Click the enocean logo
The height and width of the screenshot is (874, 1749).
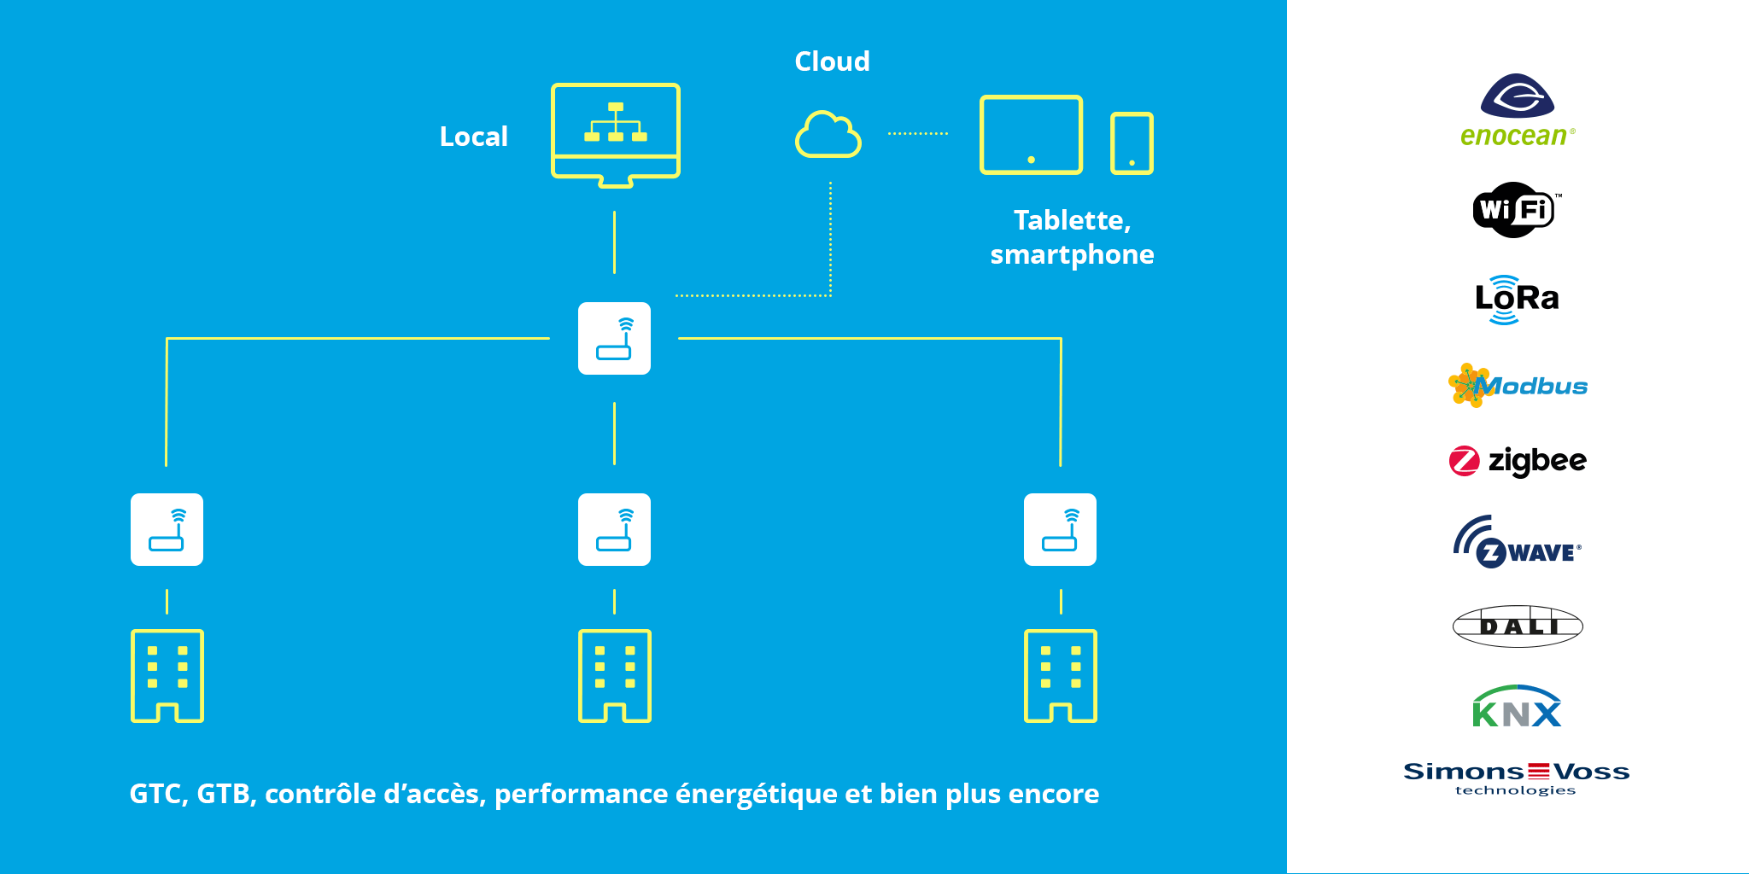click(x=1517, y=110)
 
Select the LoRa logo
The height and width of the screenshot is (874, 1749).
click(x=1517, y=299)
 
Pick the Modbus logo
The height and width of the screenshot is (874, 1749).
click(x=1518, y=386)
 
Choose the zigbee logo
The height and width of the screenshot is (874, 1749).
click(x=1518, y=461)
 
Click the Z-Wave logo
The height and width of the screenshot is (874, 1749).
click(x=1518, y=543)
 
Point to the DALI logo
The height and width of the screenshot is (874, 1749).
click(x=1518, y=626)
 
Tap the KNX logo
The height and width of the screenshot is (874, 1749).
click(x=1517, y=707)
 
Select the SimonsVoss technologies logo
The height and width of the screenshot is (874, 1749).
click(x=1517, y=778)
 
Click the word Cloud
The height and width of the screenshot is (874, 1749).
click(x=832, y=61)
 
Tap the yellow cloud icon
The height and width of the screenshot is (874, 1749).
click(x=828, y=135)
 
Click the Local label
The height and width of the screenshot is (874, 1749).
click(x=473, y=137)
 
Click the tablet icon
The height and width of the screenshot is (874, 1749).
click(x=1031, y=135)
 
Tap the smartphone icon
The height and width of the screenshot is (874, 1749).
click(x=1132, y=143)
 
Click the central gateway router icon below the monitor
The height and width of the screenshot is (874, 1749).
click(x=614, y=339)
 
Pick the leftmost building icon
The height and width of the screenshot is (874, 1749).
click(x=167, y=675)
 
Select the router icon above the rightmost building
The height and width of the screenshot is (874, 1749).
click(x=1060, y=529)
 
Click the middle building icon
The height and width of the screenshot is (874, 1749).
click(x=614, y=675)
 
